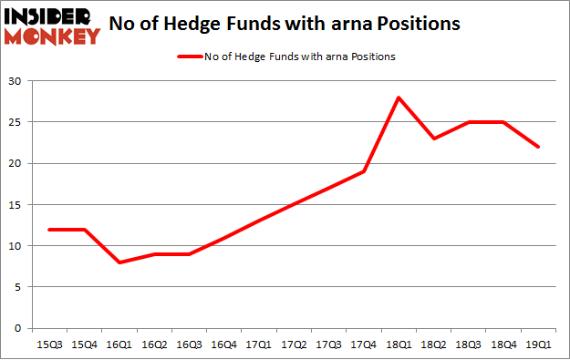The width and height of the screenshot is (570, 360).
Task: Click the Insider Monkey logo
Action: [52, 25]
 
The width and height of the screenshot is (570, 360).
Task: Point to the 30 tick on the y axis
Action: [18, 81]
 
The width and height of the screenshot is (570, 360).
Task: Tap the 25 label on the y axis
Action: [18, 122]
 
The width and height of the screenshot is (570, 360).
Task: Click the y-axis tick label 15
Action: [18, 204]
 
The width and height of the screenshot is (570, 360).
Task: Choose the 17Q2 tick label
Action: [294, 345]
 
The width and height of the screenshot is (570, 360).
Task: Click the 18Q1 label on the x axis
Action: [399, 345]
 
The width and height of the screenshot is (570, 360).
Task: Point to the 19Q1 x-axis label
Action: [540, 345]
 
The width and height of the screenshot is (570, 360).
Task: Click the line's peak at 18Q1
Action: [399, 98]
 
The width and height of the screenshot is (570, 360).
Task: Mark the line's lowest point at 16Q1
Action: [118, 262]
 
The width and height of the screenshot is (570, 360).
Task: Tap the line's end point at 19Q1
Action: [540, 147]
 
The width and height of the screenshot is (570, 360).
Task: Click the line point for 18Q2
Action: [434, 139]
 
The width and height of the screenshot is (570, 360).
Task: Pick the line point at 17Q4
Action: [364, 171]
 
